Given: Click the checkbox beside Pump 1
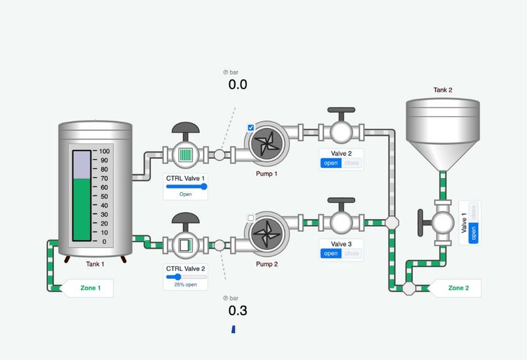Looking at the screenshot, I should [x=251, y=128].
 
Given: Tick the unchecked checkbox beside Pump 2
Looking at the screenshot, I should [x=251, y=218].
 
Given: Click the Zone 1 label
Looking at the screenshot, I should [x=91, y=288].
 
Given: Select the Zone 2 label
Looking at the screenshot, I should [x=458, y=288].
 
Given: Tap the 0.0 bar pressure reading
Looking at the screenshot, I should [x=238, y=84].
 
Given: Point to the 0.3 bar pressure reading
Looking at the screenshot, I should [x=238, y=311].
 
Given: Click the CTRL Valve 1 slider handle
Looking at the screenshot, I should [x=204, y=187].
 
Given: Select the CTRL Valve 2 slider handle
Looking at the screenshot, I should [x=178, y=277].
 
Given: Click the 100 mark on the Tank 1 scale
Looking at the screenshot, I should [x=104, y=151].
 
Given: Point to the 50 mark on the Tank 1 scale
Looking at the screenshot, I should [x=104, y=196].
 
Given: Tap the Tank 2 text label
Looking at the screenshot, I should [x=443, y=90].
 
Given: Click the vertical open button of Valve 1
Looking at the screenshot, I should [x=473, y=233].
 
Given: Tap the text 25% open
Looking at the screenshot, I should [x=185, y=285].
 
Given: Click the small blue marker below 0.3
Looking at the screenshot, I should [x=233, y=328].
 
